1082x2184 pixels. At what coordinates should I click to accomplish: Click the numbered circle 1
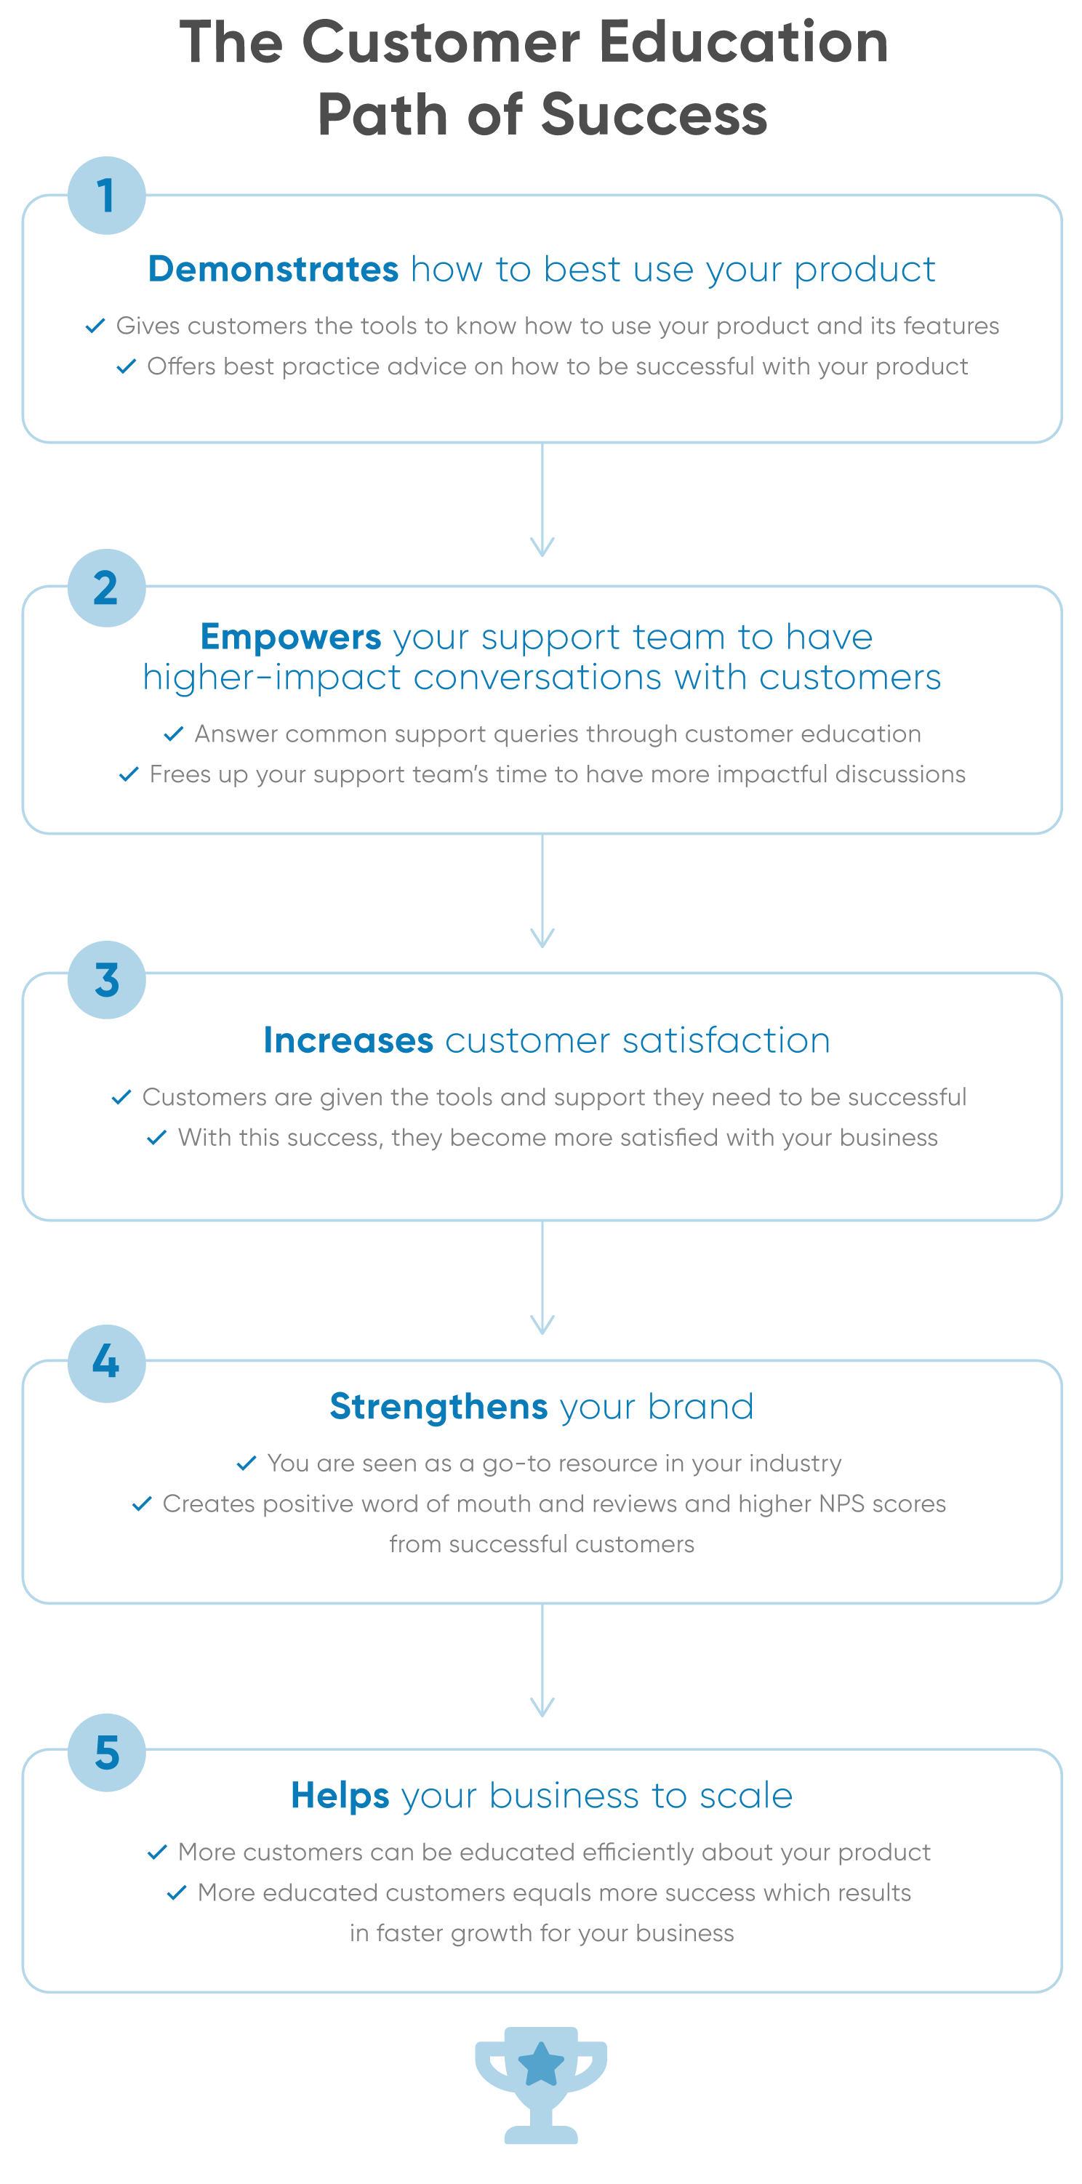click(106, 195)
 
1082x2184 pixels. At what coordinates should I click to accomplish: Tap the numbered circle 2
click(106, 587)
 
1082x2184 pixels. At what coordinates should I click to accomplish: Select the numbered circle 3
click(106, 979)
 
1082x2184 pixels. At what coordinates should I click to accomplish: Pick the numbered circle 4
click(106, 1363)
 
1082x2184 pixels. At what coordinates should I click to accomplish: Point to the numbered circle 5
click(106, 1752)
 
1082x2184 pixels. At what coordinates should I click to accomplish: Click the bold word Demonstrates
click(273, 269)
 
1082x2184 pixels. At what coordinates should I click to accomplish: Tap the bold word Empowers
click(291, 637)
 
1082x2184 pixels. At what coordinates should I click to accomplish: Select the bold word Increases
click(348, 1040)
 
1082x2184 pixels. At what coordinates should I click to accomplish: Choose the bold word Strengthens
click(438, 1407)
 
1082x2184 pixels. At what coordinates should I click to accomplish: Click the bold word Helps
click(340, 1796)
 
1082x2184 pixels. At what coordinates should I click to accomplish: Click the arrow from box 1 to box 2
click(542, 499)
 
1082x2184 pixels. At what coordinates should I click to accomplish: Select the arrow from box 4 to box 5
click(542, 1660)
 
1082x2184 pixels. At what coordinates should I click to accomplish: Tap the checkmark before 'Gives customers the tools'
click(95, 326)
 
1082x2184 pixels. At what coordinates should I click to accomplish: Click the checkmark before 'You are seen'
click(246, 1464)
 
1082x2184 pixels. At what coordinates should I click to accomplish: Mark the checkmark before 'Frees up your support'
click(128, 774)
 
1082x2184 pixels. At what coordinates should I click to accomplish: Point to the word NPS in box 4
click(841, 1503)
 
